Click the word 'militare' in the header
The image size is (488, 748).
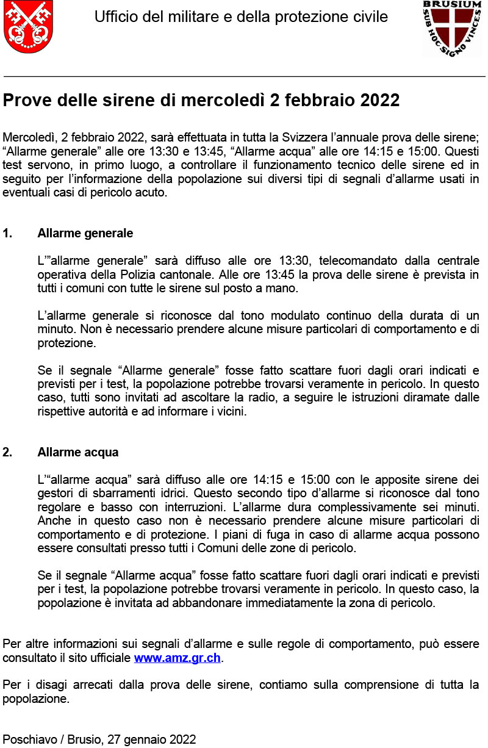click(196, 17)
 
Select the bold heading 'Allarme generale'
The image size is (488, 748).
click(85, 233)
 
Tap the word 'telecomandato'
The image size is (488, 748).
click(356, 261)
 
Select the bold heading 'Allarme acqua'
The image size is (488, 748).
click(77, 452)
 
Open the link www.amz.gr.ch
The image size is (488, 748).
click(177, 658)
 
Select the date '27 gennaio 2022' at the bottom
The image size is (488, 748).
click(151, 739)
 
